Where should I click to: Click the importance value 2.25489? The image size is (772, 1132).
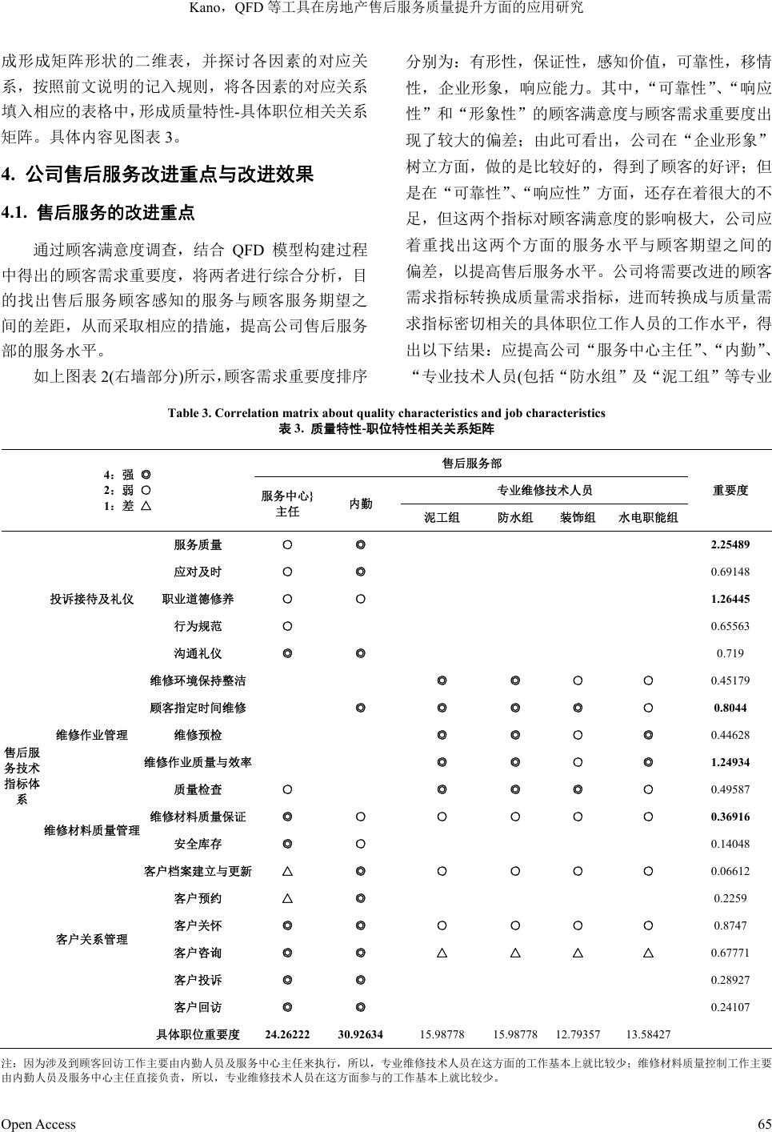coord(730,545)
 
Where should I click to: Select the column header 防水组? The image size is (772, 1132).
coord(515,518)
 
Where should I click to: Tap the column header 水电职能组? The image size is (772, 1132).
coord(648,518)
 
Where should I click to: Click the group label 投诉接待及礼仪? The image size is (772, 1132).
coord(92,600)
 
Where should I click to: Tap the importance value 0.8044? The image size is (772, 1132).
coord(730,709)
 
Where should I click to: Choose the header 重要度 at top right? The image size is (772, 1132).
coord(730,490)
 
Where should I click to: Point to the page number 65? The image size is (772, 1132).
coord(762,1124)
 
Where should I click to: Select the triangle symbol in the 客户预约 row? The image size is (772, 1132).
coord(287,899)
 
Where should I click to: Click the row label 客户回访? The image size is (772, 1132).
coord(198,1008)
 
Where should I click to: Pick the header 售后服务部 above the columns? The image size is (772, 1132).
coord(472,464)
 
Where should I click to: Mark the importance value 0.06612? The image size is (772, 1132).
coord(730,872)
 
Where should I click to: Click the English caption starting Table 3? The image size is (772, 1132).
coord(386,413)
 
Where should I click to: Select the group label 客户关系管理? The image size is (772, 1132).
coord(92,939)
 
